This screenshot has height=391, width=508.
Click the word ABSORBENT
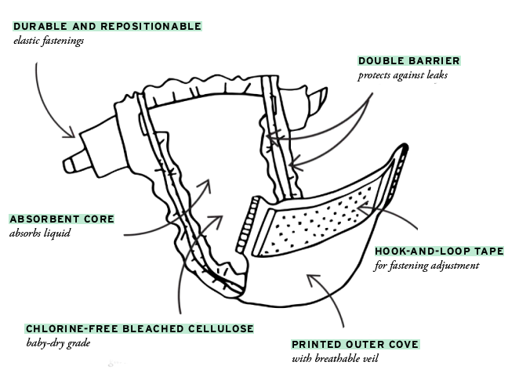coord(44,218)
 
